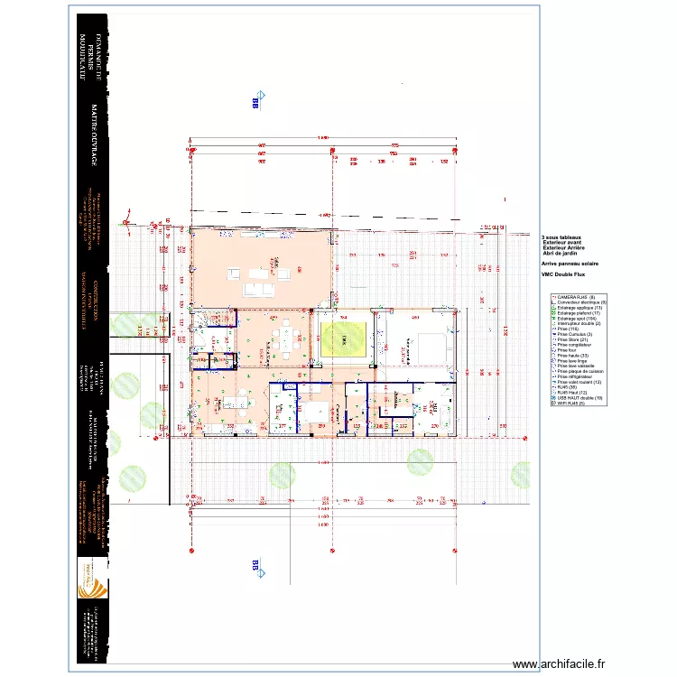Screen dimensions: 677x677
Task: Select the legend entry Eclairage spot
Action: tap(577, 318)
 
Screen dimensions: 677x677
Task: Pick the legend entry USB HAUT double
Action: tap(578, 398)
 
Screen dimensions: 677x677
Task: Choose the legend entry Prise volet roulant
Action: tap(579, 382)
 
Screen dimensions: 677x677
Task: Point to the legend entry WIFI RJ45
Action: tap(571, 403)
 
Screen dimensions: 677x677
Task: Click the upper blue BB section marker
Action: tap(255, 104)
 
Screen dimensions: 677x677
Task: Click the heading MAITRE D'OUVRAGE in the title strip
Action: tap(95, 135)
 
